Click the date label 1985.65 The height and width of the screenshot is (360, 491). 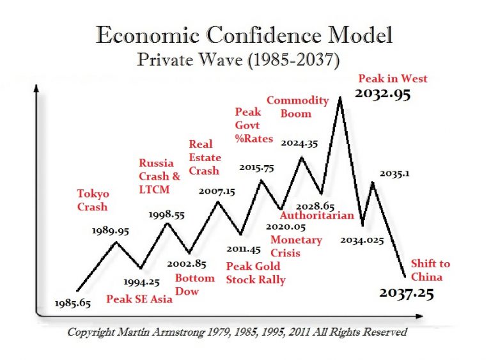point(73,303)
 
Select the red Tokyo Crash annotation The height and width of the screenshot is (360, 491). point(93,200)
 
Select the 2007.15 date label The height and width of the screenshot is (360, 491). point(215,191)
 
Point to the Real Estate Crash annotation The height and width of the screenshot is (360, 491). point(205,157)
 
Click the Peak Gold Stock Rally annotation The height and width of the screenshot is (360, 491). point(256,272)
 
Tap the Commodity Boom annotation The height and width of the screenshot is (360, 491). point(288,107)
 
